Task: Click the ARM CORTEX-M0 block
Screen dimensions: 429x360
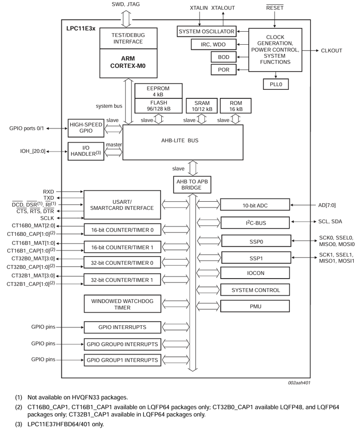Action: click(128, 63)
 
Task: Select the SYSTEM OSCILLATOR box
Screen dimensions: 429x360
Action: click(206, 32)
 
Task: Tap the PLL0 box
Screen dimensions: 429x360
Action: click(276, 84)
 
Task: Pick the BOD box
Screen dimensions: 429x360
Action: click(223, 57)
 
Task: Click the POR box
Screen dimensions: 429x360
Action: click(223, 70)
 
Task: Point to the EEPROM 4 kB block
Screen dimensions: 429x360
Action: click(159, 91)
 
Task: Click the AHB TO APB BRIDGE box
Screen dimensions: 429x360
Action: click(192, 184)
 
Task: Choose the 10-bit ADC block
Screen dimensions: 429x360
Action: click(254, 205)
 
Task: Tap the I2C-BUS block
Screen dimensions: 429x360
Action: click(254, 223)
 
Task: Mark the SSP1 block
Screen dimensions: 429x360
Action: click(254, 257)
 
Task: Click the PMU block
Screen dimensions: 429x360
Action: click(254, 306)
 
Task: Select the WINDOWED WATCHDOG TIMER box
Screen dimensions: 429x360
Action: click(122, 304)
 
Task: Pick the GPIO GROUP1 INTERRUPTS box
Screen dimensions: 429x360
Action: click(122, 360)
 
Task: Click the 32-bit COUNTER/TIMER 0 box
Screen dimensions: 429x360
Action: click(122, 263)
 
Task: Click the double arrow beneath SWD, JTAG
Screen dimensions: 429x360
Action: click(126, 19)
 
